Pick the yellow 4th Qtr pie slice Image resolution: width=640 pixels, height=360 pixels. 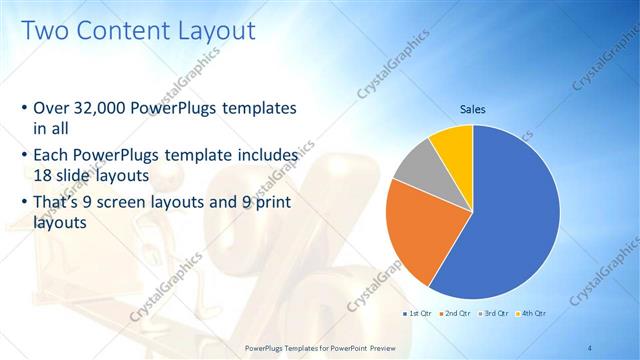coord(453,146)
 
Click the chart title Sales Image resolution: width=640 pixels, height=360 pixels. coord(473,109)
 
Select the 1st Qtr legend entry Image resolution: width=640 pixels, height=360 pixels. coord(421,313)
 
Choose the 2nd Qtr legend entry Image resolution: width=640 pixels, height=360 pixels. coord(456,313)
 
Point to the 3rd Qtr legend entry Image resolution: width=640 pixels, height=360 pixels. coord(493,313)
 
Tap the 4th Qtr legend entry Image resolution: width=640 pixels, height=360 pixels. coord(529,313)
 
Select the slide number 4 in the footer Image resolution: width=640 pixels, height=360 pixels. coord(590,347)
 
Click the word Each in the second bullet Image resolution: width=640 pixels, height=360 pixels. coord(54,157)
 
